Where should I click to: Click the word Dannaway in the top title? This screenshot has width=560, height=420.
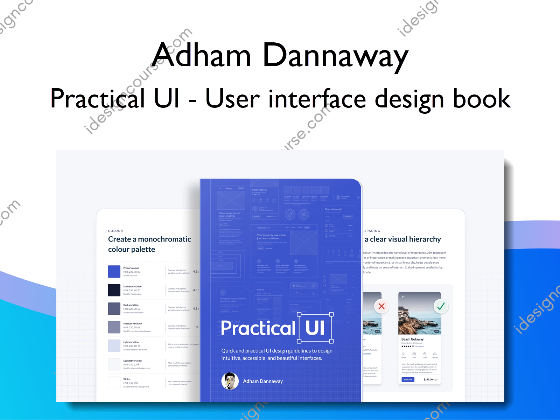[x=335, y=56]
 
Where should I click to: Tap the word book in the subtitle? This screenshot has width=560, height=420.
[x=482, y=99]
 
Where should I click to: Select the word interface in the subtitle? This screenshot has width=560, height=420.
[x=317, y=99]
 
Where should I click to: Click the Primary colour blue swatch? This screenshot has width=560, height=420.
[x=114, y=272]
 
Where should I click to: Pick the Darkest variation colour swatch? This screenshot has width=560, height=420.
[x=114, y=290]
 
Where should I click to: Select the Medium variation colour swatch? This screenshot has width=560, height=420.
[x=114, y=327]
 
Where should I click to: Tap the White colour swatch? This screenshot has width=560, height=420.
[x=114, y=383]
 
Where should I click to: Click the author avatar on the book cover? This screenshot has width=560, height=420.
[x=230, y=381]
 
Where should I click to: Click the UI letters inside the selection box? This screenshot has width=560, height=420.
[x=315, y=328]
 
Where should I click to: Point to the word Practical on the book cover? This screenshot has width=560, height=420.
[x=258, y=328]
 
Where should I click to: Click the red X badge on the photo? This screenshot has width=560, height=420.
[x=381, y=306]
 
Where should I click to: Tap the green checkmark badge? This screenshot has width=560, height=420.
[x=441, y=306]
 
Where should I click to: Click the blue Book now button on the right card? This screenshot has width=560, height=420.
[x=408, y=379]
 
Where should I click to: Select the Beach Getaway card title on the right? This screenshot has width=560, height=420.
[x=412, y=339]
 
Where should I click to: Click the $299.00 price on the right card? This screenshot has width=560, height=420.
[x=428, y=379]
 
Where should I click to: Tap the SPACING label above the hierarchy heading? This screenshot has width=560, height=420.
[x=372, y=231]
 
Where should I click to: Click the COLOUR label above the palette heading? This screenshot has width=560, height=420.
[x=115, y=231]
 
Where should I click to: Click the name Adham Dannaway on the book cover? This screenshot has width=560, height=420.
[x=263, y=381]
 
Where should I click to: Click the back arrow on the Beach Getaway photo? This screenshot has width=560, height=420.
[x=403, y=297]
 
